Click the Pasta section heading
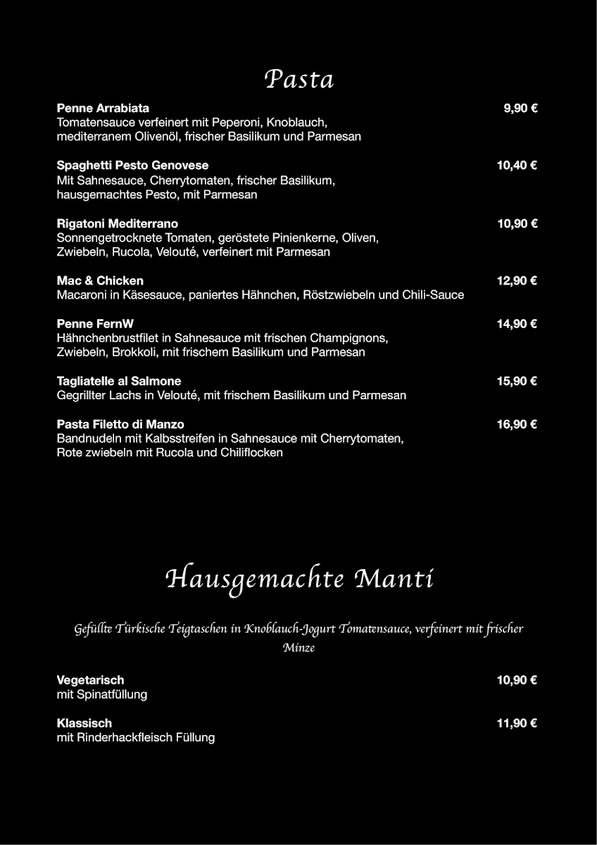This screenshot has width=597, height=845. point(298,80)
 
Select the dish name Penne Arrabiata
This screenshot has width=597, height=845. point(103,108)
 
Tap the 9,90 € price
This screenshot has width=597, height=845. point(520,108)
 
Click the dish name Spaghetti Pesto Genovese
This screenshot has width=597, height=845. point(132,165)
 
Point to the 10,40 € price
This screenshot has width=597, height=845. point(517,165)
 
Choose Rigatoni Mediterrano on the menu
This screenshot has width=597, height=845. point(117,223)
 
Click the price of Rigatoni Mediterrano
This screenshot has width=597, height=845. point(517,223)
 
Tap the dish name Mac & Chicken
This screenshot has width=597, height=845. point(100,280)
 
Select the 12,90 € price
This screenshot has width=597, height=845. point(517,280)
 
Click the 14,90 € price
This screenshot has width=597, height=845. point(517,324)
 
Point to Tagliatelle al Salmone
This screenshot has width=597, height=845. point(119,381)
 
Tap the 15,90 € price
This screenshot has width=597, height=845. point(517,381)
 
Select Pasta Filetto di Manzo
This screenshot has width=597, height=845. point(120,424)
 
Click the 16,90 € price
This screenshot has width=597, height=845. point(517,424)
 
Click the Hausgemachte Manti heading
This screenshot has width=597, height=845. point(298,580)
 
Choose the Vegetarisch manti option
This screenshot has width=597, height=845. point(90,680)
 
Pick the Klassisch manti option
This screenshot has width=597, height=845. point(84,722)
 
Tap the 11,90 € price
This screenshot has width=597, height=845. point(517,722)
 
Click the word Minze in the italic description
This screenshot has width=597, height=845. point(298,648)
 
